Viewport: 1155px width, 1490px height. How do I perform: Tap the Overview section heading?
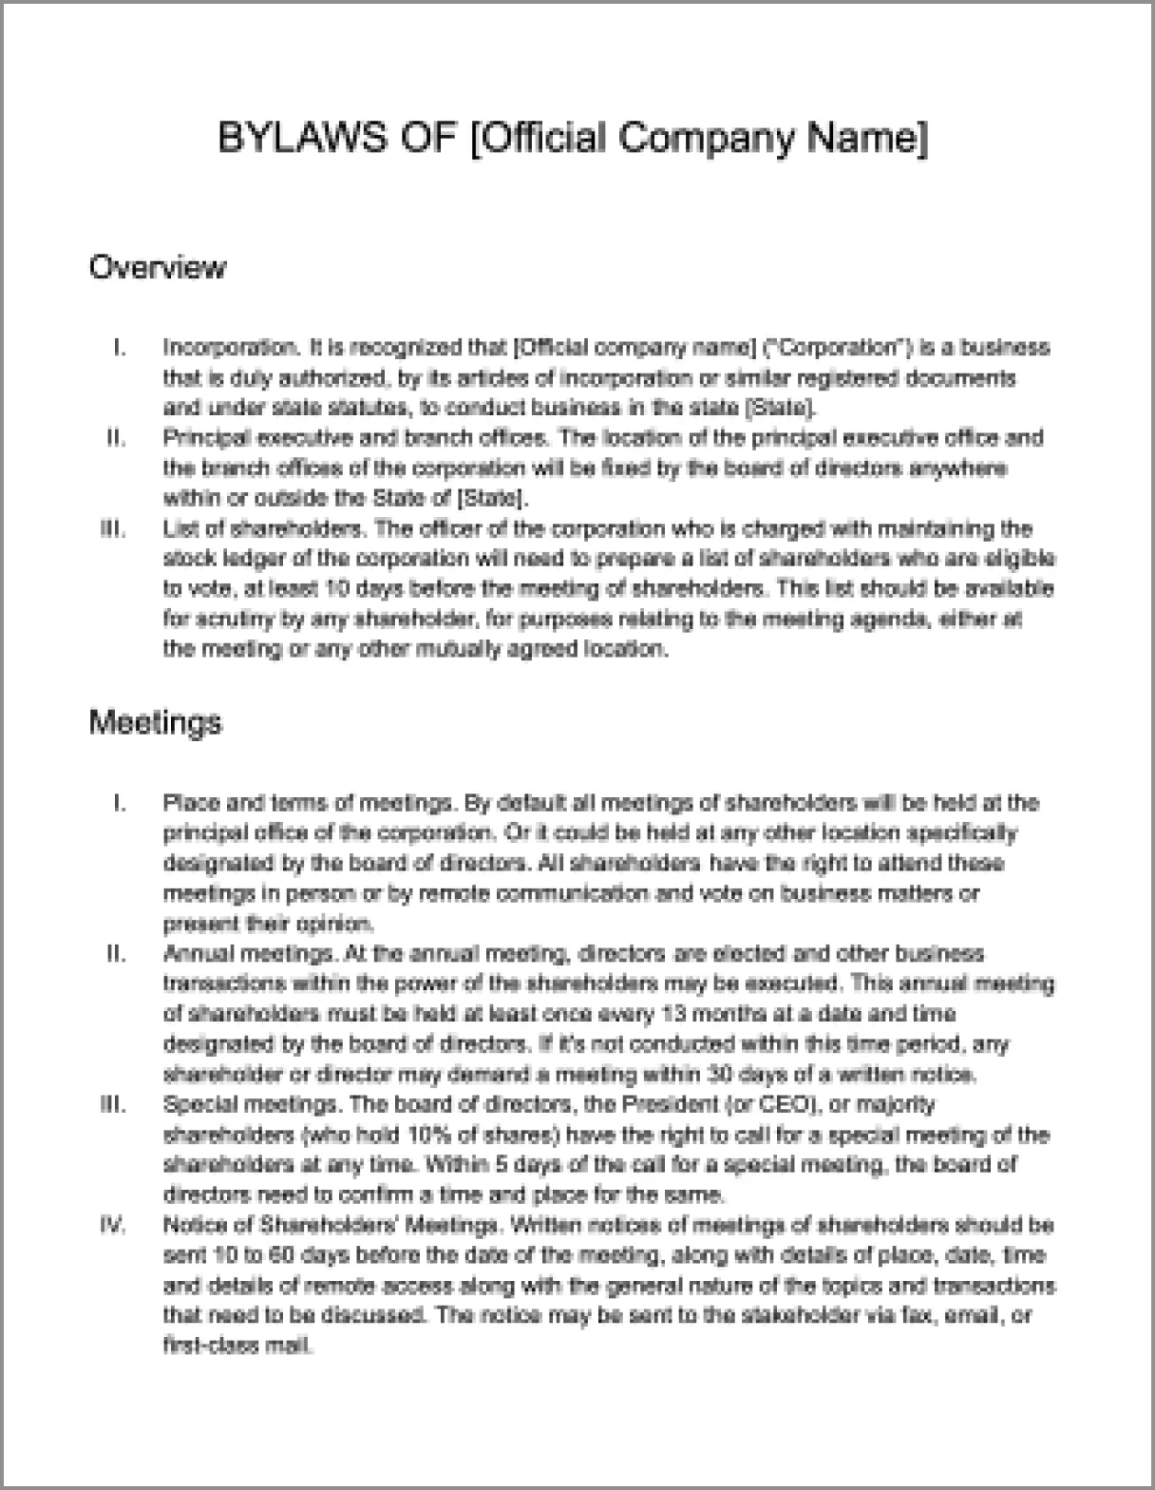158,267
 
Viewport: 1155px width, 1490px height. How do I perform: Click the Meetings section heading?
155,722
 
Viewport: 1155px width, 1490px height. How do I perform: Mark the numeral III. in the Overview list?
113,529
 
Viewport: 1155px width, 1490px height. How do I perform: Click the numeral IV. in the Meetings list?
113,1226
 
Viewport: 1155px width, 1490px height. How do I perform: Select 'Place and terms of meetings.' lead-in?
309,803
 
